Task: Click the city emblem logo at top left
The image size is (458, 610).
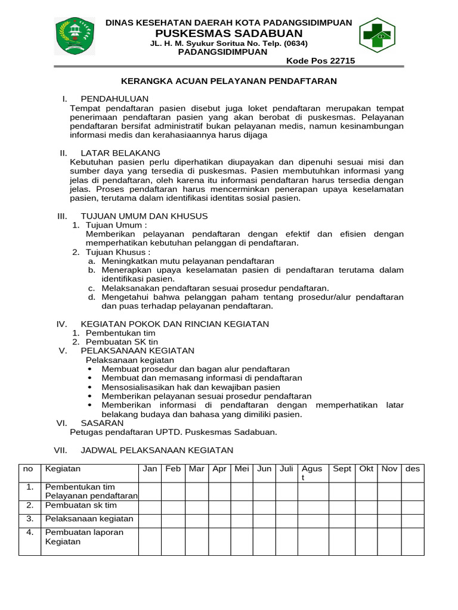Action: (75, 36)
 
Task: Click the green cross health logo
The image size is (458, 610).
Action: (377, 35)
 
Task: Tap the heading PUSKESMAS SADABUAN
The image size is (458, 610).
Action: (229, 33)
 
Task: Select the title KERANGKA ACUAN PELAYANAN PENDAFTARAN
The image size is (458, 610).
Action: (229, 81)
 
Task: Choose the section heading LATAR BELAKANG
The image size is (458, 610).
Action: (120, 153)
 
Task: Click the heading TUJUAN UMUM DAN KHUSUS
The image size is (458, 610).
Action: (144, 216)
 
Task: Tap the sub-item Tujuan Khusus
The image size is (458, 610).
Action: (118, 252)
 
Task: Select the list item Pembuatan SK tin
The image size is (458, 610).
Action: (122, 342)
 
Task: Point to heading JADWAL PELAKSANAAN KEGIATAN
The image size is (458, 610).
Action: (157, 450)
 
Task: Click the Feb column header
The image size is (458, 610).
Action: (173, 469)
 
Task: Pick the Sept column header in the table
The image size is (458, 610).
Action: (342, 469)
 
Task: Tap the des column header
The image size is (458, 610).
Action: (412, 469)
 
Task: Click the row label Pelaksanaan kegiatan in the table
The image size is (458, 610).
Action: (89, 519)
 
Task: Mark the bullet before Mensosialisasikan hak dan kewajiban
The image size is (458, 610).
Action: (89, 387)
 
